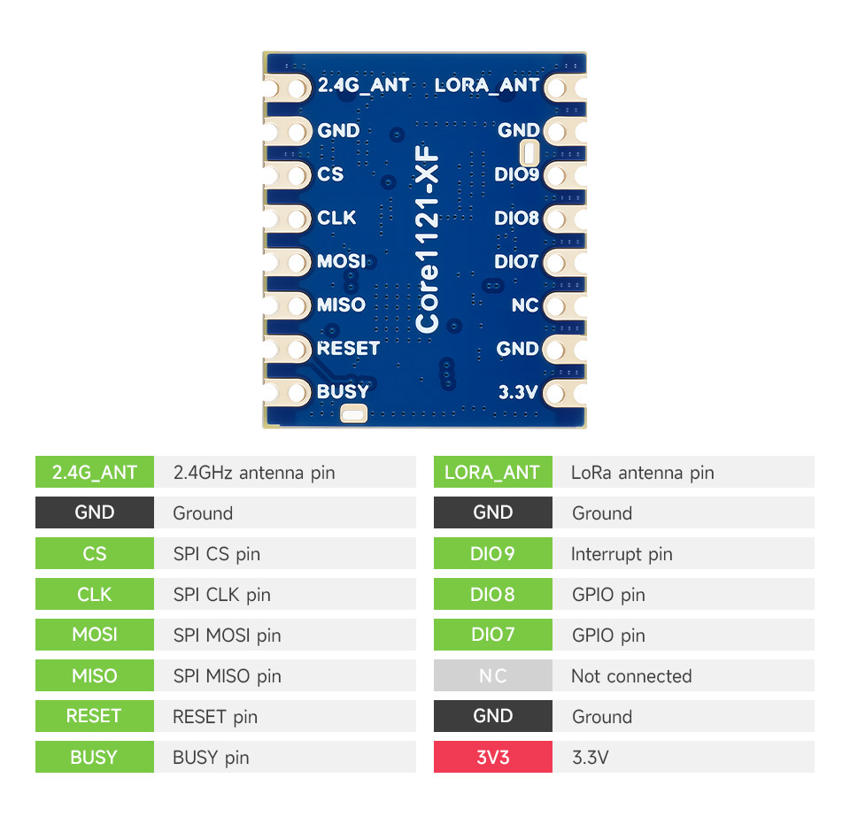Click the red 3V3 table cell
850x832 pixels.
(x=492, y=757)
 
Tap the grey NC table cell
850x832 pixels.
(x=492, y=676)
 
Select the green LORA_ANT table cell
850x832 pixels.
(x=492, y=473)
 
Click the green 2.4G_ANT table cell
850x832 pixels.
(x=95, y=473)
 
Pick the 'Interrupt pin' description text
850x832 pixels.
(x=622, y=554)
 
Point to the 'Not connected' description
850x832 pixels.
(x=631, y=676)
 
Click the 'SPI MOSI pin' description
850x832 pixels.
(x=227, y=636)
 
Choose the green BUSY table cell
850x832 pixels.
(x=95, y=757)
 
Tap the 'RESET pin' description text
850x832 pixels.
(x=215, y=717)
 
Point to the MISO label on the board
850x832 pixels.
(x=341, y=304)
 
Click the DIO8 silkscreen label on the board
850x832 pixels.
(x=516, y=218)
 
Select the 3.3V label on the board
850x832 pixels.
(x=518, y=392)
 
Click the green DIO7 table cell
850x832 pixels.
(x=492, y=636)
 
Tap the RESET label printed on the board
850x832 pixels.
(x=348, y=349)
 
